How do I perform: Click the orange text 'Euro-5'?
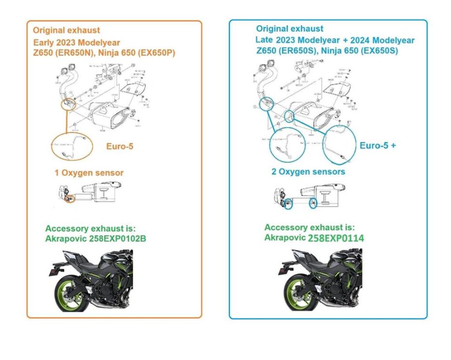[119, 146]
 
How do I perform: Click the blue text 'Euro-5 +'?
[377, 145]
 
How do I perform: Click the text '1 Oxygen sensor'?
[89, 173]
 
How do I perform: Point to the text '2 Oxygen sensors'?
[308, 171]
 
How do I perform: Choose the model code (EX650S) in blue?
[378, 51]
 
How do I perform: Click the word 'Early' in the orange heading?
[44, 43]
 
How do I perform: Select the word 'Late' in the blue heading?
[265, 40]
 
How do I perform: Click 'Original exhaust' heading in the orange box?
[67, 30]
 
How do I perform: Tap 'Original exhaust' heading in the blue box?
[290, 29]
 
